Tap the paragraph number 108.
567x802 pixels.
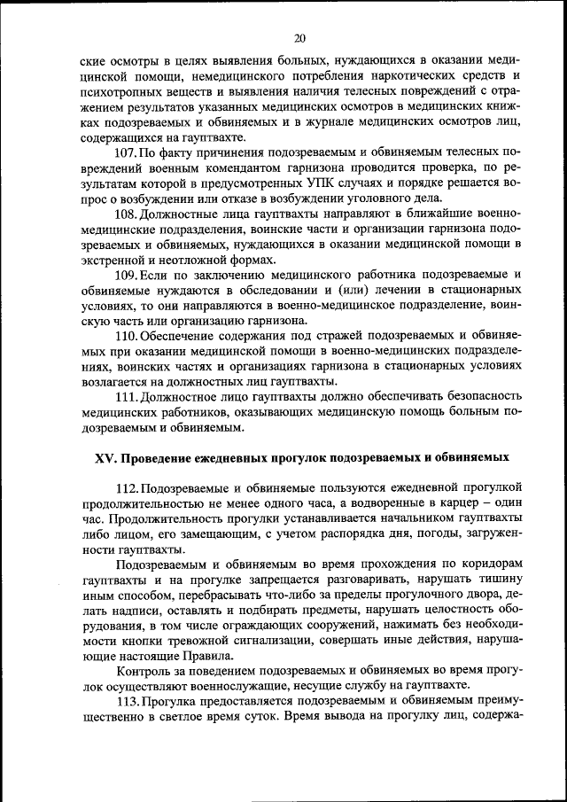tap(126, 215)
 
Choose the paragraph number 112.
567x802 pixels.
tap(126, 489)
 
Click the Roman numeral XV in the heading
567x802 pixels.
tap(105, 458)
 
